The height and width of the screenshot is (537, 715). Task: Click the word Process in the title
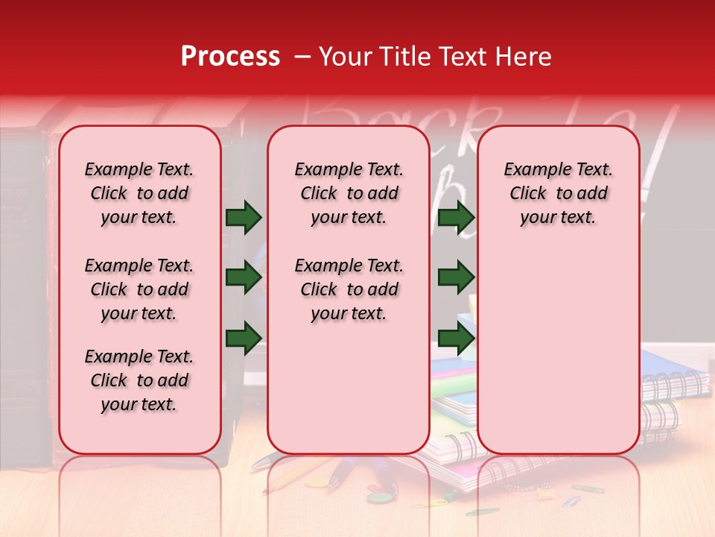[229, 57]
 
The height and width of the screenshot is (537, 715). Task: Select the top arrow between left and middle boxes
[244, 218]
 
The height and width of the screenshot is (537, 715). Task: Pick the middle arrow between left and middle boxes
[244, 278]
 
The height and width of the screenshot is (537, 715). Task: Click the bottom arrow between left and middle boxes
[244, 337]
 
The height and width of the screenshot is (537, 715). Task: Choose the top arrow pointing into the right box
[456, 218]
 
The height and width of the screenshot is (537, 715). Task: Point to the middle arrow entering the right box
[456, 278]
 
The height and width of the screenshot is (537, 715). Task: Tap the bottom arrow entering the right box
[456, 337]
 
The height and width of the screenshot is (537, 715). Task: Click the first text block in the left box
[139, 193]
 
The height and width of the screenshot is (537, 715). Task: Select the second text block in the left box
[139, 289]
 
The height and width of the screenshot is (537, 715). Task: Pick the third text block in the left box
[139, 380]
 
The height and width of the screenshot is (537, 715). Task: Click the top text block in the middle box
[349, 193]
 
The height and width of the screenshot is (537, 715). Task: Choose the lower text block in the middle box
[349, 289]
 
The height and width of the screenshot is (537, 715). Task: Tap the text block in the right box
[558, 193]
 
